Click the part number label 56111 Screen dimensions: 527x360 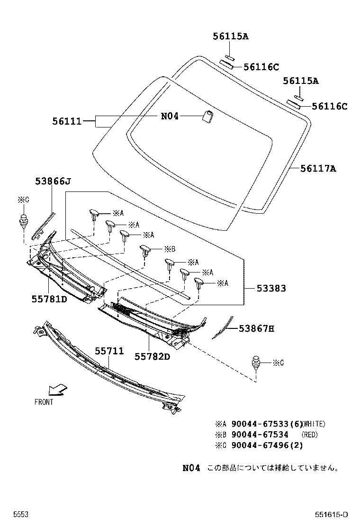67,121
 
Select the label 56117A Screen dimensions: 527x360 318,168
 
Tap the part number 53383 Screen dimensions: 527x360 271,288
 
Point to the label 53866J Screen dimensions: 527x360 53,181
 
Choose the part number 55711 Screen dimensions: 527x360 109,351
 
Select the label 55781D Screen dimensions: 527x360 49,300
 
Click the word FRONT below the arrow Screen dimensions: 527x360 44,402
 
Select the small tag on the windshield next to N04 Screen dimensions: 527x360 207,116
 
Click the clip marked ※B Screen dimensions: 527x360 145,251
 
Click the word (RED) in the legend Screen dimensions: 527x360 310,435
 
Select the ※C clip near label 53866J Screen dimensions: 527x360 23,221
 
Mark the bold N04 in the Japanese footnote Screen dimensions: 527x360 191,468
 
